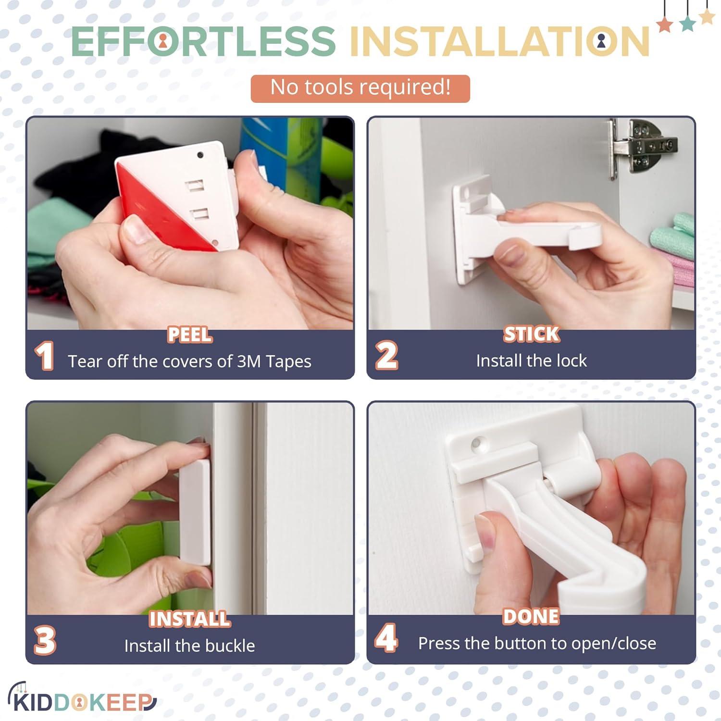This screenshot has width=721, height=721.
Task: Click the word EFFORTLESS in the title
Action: coord(203,41)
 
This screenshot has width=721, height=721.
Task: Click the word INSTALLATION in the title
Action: coord(500,41)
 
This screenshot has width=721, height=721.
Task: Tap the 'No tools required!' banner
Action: coord(360,88)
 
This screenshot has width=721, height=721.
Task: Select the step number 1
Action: coord(44,356)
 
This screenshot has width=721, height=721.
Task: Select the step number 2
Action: coord(386,356)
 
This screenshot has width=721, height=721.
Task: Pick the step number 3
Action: coord(45,640)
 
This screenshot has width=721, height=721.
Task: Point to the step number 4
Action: coord(386,638)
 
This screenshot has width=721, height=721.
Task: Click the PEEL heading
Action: coord(189,335)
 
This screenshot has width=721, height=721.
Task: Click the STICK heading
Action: coord(531,334)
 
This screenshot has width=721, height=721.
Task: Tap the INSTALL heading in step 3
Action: coord(189,619)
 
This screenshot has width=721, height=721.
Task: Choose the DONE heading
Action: coord(531,617)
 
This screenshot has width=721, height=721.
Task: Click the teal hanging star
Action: coord(687,24)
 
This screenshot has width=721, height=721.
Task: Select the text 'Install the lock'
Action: coord(531,360)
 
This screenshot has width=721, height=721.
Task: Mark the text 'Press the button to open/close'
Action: coord(537,643)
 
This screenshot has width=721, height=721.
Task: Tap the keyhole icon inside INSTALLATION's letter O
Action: coord(601,42)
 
